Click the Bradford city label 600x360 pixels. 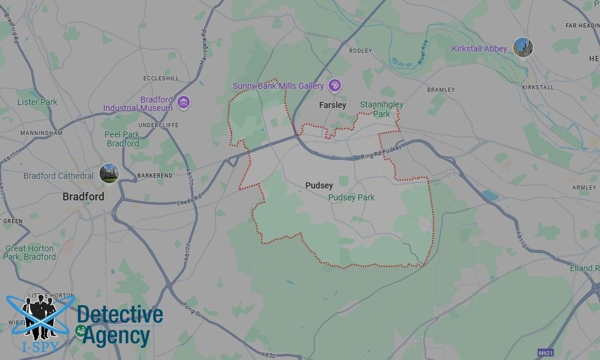83,197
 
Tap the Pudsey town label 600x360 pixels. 319,186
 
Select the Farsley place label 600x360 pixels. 332,105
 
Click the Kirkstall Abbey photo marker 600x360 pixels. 523,47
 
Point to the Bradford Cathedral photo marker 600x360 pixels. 109,173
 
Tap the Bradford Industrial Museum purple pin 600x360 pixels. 184,103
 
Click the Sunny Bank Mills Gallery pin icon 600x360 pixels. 335,85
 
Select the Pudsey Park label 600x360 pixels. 352,197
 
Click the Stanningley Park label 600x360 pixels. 382,109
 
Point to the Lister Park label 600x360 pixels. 37,102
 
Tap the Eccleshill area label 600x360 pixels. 161,79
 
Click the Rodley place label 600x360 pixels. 361,51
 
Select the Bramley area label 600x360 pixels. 441,90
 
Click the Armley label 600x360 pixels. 584,188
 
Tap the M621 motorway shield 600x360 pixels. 545,352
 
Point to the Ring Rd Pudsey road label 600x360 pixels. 380,152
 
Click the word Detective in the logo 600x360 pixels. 120,314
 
